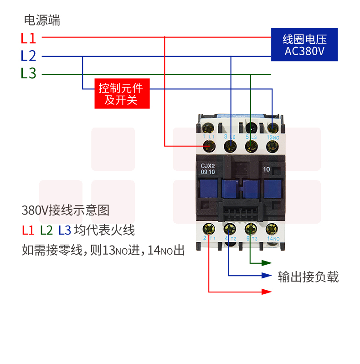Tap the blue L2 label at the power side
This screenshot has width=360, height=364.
click(x=28, y=56)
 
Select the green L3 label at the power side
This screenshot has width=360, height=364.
click(x=28, y=73)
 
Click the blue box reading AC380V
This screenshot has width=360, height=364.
click(x=304, y=45)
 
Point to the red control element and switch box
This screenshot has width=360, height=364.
click(x=122, y=93)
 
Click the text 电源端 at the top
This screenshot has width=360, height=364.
click(x=42, y=20)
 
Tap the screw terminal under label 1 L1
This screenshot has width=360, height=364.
click(x=210, y=146)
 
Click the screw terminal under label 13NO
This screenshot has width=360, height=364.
click(x=273, y=146)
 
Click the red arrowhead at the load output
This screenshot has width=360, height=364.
click(x=265, y=292)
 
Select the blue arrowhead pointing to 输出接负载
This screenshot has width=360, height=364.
click(x=265, y=275)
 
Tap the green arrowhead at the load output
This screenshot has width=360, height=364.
click(x=265, y=263)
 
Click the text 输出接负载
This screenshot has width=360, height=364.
click(x=309, y=277)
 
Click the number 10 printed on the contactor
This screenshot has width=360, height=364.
click(x=267, y=169)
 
